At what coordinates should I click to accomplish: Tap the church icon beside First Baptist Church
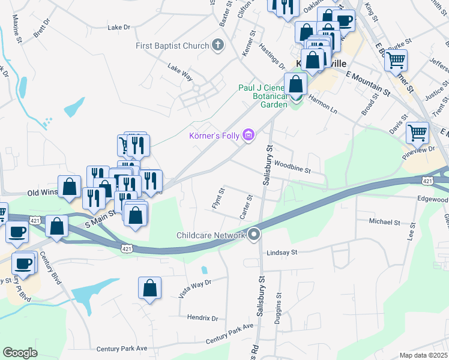tap(218, 46)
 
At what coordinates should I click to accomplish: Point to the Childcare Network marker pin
tap(254, 235)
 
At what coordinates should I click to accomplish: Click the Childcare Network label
tap(211, 235)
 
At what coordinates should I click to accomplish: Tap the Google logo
tap(20, 353)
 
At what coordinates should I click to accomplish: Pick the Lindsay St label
tap(282, 253)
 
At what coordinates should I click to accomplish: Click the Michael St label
tap(384, 222)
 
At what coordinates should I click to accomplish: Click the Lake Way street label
tap(180, 71)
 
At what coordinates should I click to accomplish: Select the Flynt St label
tap(218, 199)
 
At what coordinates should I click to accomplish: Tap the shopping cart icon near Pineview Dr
tap(417, 133)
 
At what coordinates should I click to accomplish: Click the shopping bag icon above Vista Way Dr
tap(149, 287)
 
